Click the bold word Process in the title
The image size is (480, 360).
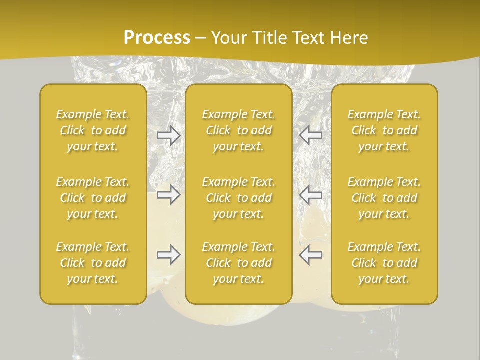click(x=157, y=38)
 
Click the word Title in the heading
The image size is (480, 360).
click(x=269, y=38)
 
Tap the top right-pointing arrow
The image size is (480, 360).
click(x=169, y=135)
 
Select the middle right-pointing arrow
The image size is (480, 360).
click(x=169, y=195)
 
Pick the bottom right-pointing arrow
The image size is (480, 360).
click(x=169, y=255)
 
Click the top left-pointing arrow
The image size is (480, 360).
click(x=310, y=135)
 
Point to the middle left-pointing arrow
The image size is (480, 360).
click(x=310, y=195)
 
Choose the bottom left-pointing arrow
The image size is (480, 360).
click(x=310, y=255)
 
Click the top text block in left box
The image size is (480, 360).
click(x=93, y=130)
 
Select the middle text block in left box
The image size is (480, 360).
click(x=93, y=198)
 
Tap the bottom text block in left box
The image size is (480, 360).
click(x=93, y=263)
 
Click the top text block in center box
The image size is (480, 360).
click(x=239, y=130)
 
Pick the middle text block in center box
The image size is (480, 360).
click(x=239, y=198)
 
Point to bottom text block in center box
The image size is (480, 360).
click(x=239, y=263)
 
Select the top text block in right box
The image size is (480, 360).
click(x=384, y=130)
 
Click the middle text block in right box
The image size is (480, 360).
click(x=384, y=198)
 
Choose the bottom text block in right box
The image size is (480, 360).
click(x=384, y=263)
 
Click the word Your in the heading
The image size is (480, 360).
click(x=229, y=38)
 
